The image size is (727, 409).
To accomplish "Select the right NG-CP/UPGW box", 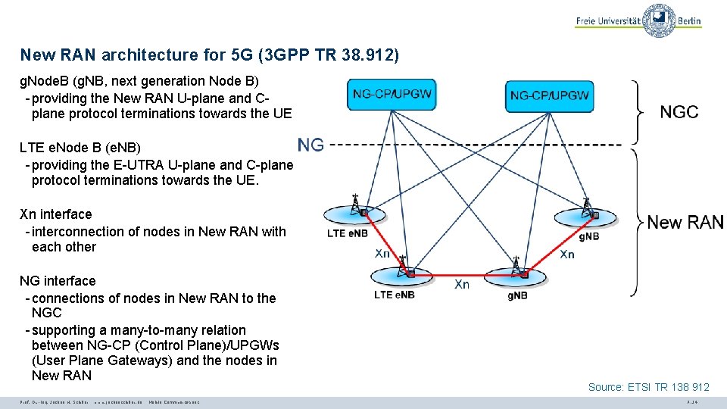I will (x=550, y=95).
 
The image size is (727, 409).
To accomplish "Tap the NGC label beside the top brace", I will (x=679, y=112).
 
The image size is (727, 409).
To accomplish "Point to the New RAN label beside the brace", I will (x=685, y=222).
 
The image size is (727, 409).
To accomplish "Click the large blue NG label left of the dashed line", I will (x=310, y=145).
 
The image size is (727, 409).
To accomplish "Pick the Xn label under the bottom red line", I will (x=461, y=285).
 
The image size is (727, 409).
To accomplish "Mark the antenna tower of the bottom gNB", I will (x=517, y=266).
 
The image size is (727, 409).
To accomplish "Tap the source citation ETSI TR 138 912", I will (x=648, y=387).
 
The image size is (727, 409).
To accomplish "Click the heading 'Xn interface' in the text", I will (x=56, y=214).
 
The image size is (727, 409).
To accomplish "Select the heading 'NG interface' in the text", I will (x=58, y=281).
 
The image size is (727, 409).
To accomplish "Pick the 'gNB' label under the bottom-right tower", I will (x=517, y=295).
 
